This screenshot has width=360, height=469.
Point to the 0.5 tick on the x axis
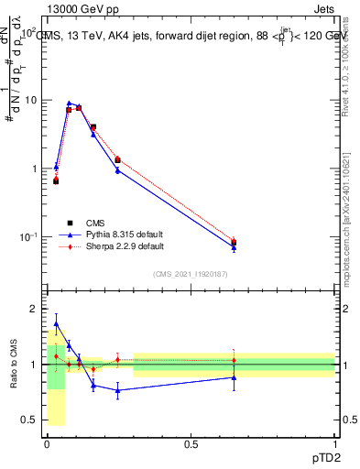tap(191, 444)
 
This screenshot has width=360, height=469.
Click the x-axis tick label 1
tap(334, 444)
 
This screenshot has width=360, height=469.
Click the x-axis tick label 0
tap(47, 444)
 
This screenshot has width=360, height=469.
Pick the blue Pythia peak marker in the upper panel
tap(69, 104)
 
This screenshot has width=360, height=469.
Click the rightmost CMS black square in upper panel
tap(234, 243)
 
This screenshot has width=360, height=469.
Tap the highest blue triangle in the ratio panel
tap(57, 323)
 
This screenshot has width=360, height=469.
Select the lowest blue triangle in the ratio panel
tap(118, 390)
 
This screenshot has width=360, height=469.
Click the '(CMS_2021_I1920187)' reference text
tap(191, 274)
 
